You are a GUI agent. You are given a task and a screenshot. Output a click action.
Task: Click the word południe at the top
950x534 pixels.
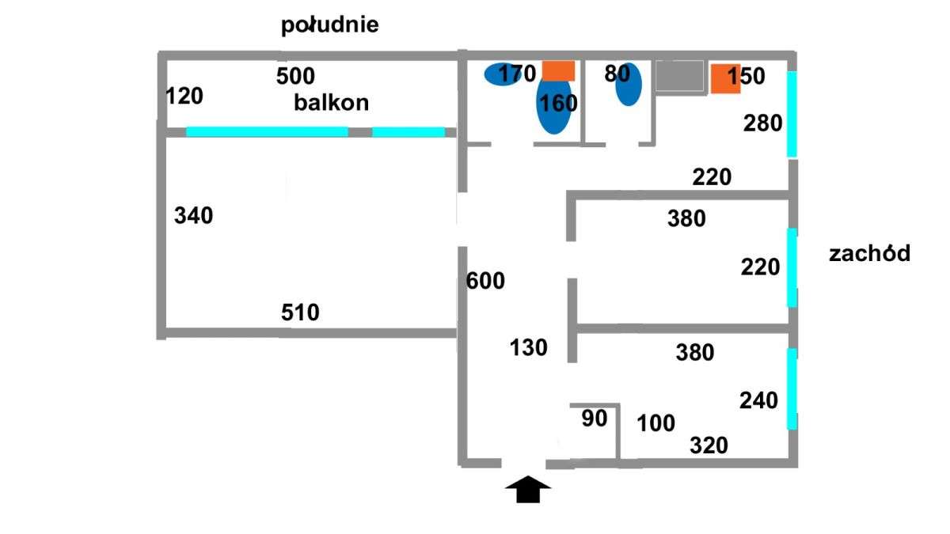(x=330, y=25)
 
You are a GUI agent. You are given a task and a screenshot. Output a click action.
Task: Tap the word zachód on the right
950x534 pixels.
(x=869, y=254)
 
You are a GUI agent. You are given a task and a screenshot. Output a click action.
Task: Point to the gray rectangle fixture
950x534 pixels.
(x=679, y=77)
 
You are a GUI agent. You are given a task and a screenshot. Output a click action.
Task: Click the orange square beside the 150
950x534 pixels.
(x=724, y=78)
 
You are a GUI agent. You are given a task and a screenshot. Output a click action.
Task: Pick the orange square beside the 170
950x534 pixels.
(x=558, y=70)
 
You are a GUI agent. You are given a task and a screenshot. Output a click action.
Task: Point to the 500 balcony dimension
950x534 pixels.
(x=295, y=76)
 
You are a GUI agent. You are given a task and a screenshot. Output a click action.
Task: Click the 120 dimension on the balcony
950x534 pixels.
(x=184, y=97)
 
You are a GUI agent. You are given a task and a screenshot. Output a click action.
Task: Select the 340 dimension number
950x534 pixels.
(x=193, y=215)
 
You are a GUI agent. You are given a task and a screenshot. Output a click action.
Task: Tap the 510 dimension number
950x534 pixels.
(x=300, y=312)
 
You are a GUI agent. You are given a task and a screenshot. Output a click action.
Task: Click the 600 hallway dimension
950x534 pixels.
(x=485, y=281)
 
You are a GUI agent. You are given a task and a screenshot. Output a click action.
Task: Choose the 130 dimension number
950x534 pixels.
(x=528, y=347)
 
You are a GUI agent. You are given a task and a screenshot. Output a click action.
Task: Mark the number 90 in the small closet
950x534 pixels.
(x=594, y=418)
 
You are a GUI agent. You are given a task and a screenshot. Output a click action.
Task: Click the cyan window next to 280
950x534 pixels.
(x=791, y=114)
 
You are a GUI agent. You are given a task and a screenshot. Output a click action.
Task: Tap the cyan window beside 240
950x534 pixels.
(x=791, y=388)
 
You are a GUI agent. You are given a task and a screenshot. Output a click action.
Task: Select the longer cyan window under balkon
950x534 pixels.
(x=267, y=132)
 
